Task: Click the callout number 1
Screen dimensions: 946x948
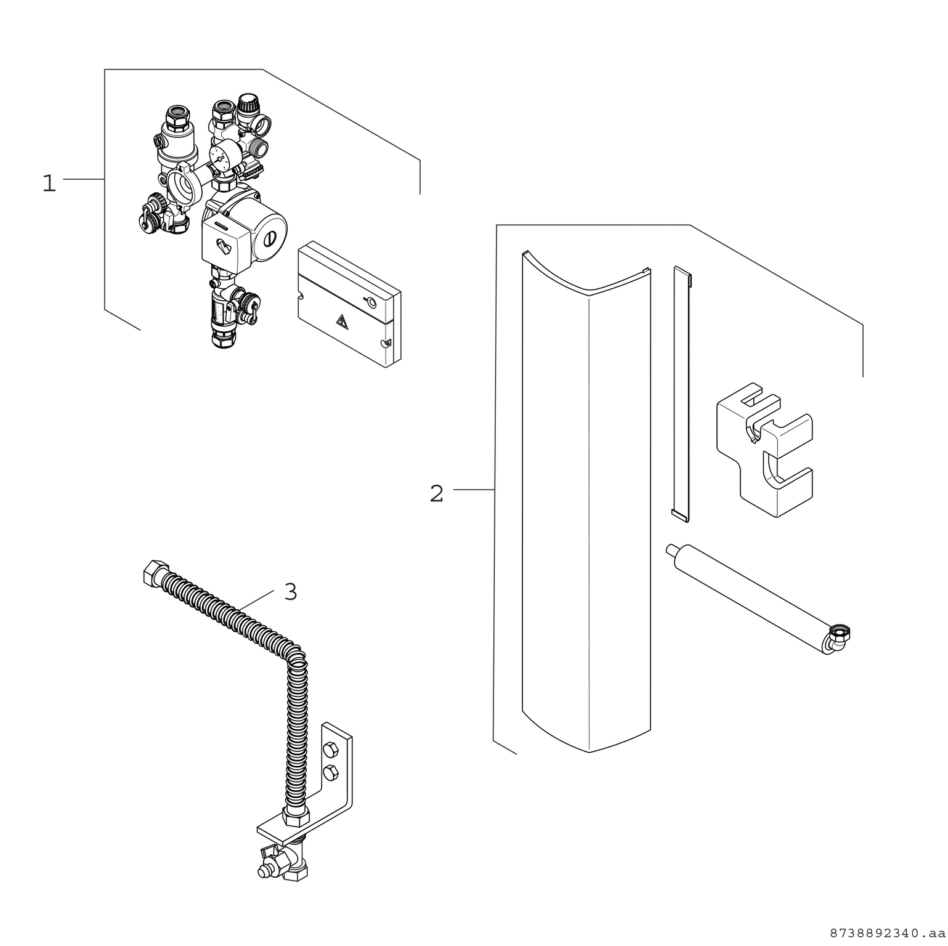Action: (x=49, y=184)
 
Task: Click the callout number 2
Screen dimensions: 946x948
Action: (x=436, y=494)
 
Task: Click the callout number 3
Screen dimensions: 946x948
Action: (x=291, y=592)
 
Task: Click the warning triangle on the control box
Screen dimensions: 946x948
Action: (x=341, y=320)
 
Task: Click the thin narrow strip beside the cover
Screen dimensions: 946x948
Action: (x=681, y=394)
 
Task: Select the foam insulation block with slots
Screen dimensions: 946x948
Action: (x=764, y=450)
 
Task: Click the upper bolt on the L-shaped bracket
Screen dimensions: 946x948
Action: (x=330, y=749)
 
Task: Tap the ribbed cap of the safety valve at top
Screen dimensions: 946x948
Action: (x=248, y=103)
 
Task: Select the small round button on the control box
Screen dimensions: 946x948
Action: (x=371, y=302)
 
